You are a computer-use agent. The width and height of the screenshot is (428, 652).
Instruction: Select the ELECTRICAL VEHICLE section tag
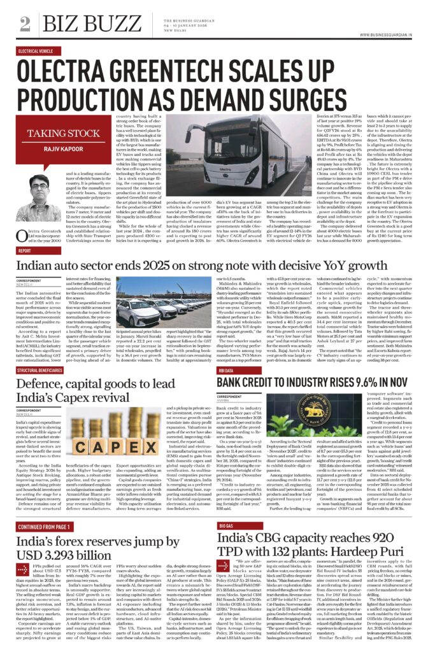coord(36,50)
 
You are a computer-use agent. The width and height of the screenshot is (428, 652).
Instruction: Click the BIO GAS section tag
coord(227,527)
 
